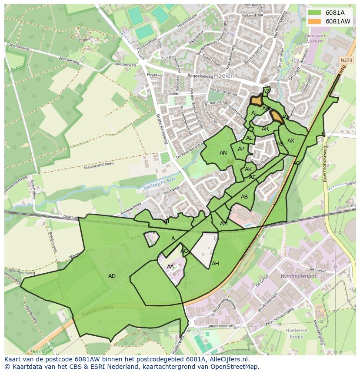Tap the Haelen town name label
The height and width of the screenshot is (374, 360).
pyautogui.click(x=224, y=76)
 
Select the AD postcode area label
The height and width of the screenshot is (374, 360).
pyautogui.click(x=112, y=276)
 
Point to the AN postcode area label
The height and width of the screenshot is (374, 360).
pyautogui.click(x=223, y=153)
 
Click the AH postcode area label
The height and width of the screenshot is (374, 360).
pyautogui.click(x=215, y=264)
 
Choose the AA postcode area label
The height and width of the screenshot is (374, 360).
pyautogui.click(x=170, y=267)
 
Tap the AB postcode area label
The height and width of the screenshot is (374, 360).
pyautogui.click(x=244, y=197)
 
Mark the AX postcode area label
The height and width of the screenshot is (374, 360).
pyautogui.click(x=291, y=141)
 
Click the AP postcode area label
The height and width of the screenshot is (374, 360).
pyautogui.click(x=241, y=149)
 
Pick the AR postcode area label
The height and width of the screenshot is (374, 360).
pyautogui.click(x=265, y=129)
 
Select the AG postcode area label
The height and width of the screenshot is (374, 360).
pyautogui.click(x=184, y=251)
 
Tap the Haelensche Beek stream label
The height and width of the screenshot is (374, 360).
pyautogui.click(x=159, y=185)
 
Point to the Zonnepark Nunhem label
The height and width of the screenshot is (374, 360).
pyautogui.click(x=314, y=38)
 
